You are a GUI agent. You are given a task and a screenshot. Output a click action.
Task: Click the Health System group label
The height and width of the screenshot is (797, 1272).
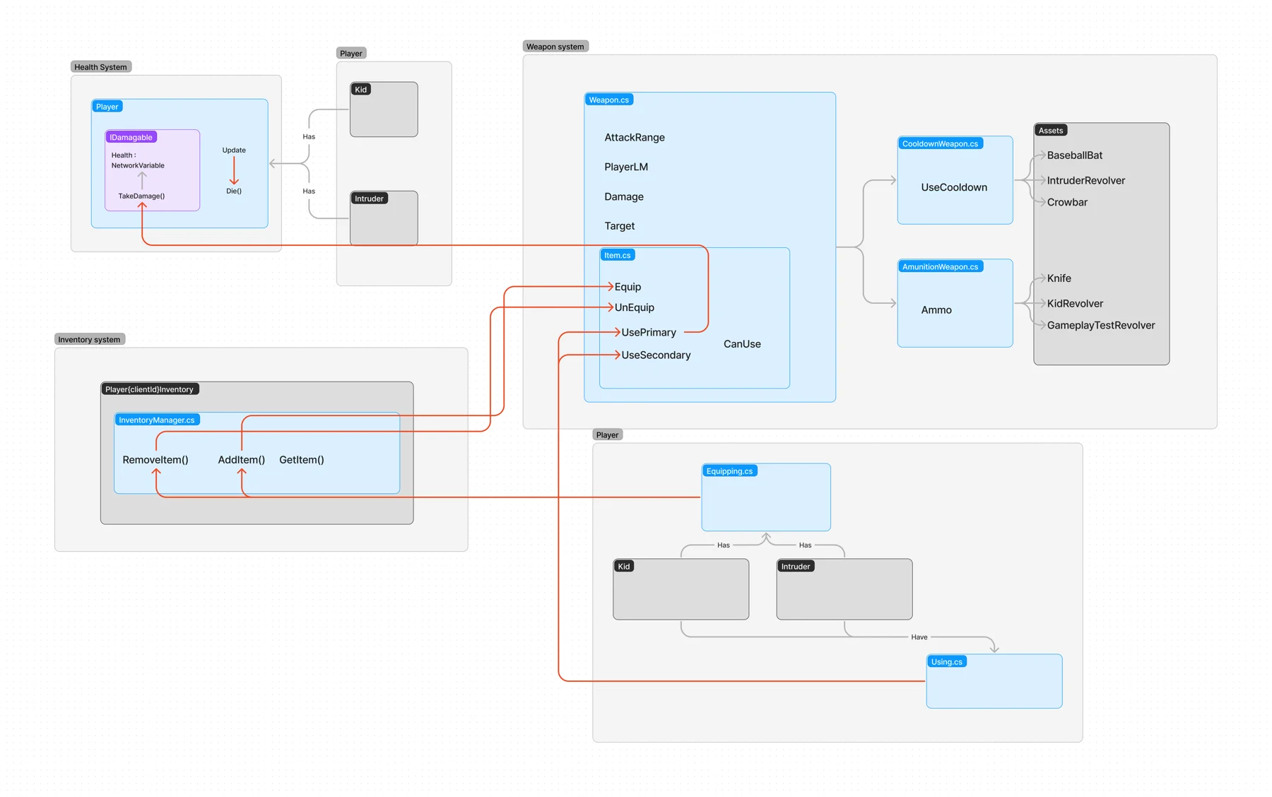tap(101, 67)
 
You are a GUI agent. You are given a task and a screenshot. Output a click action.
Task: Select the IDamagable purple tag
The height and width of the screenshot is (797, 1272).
tap(131, 137)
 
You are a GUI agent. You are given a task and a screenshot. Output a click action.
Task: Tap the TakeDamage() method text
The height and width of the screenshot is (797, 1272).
tap(141, 196)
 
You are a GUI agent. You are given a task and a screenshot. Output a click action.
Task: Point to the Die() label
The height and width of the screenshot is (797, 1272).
tap(234, 191)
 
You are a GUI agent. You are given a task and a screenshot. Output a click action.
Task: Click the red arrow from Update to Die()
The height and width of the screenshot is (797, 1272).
tap(234, 170)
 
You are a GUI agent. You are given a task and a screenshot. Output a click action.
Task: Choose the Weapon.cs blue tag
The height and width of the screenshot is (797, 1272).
tap(608, 100)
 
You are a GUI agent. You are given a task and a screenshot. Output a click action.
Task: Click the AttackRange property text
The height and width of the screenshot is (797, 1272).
tap(635, 137)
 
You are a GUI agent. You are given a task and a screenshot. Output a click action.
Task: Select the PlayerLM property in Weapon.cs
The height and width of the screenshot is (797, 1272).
tap(626, 167)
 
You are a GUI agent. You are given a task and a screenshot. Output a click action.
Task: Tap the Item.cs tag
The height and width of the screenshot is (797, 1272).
tap(617, 255)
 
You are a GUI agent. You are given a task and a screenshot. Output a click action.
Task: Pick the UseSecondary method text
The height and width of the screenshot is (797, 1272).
tap(656, 355)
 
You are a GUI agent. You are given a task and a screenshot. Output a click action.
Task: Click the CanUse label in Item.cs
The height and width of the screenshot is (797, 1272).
tap(742, 344)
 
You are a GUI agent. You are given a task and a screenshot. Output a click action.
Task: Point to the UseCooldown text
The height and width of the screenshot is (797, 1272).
tap(954, 187)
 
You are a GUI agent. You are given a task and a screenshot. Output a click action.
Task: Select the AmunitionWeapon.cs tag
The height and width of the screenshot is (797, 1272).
tap(940, 266)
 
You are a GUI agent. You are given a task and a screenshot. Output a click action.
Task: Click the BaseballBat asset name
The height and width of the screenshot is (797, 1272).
tap(1075, 155)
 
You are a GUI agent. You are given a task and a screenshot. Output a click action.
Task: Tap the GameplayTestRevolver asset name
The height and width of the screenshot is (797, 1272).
tap(1101, 325)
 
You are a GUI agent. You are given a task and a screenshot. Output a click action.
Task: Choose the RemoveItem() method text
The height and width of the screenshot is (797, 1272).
tap(155, 460)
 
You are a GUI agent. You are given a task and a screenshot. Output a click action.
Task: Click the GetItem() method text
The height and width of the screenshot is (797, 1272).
tap(302, 460)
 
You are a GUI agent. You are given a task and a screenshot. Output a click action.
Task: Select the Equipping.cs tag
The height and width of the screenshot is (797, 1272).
tap(729, 471)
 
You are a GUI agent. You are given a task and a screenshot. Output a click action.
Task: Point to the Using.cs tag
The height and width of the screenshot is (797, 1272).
tap(946, 661)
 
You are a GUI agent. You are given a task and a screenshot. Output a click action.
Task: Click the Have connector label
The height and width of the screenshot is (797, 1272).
tap(919, 637)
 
